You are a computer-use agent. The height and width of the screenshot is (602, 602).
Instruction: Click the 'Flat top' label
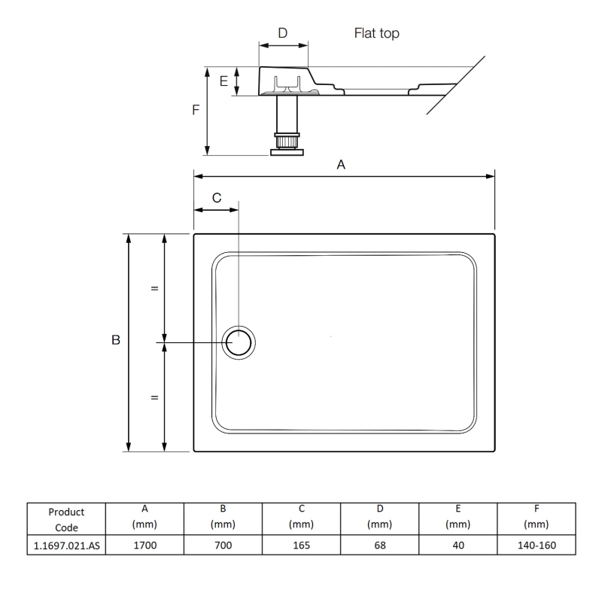click(376, 33)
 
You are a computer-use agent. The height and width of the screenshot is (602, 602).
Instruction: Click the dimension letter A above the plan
click(341, 165)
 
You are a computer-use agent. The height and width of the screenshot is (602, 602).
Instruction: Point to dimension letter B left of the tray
click(116, 341)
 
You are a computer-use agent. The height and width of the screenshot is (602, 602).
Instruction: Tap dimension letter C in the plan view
click(217, 198)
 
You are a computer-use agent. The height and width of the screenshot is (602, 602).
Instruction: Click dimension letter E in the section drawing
click(223, 81)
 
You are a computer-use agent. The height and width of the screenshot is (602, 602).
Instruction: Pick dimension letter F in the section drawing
click(195, 109)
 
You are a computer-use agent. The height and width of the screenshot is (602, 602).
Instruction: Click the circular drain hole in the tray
click(240, 342)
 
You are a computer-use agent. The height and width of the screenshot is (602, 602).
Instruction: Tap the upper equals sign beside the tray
click(154, 288)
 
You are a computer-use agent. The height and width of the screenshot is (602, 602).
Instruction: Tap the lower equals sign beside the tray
click(154, 397)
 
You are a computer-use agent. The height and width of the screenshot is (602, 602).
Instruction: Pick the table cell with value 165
click(301, 546)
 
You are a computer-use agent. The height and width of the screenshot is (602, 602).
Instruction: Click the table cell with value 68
click(380, 546)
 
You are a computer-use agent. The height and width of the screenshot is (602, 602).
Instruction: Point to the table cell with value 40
click(459, 546)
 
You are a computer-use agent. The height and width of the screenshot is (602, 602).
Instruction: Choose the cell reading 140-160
click(537, 546)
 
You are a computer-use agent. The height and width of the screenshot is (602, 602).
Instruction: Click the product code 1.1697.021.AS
click(65, 546)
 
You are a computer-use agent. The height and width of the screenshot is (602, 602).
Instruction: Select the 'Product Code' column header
click(65, 519)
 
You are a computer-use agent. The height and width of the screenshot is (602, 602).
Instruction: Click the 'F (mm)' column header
click(537, 518)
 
